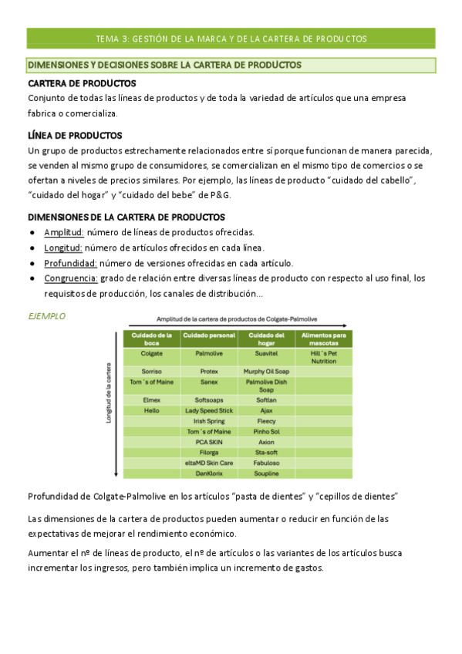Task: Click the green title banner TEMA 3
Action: (x=231, y=38)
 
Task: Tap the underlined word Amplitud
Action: (x=63, y=232)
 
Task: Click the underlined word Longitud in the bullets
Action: (x=63, y=248)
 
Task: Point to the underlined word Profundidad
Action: (x=69, y=262)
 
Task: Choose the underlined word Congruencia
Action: (x=71, y=278)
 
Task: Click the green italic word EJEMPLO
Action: (x=46, y=316)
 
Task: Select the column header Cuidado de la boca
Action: (x=151, y=338)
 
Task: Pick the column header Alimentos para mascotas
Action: (x=324, y=338)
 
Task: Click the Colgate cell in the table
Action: (x=151, y=353)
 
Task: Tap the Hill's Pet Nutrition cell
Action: (x=324, y=356)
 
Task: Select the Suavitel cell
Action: (x=266, y=353)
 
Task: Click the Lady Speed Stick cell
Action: (x=209, y=411)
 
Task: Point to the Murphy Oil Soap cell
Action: (x=266, y=371)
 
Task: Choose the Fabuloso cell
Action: (x=266, y=463)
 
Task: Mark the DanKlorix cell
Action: (x=209, y=473)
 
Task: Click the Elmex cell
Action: (x=151, y=400)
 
